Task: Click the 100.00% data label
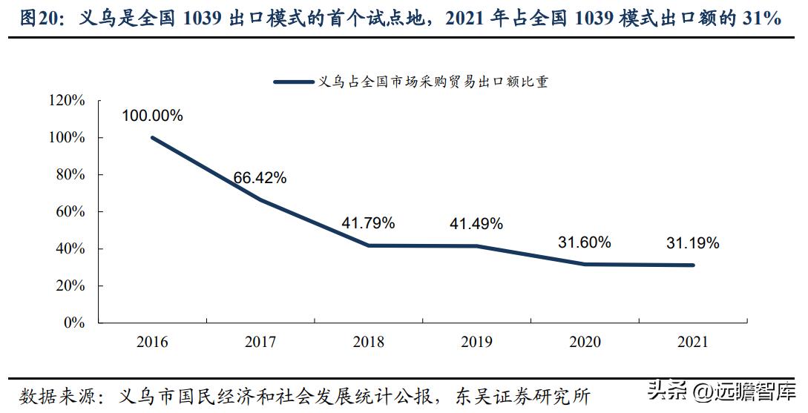tap(152, 116)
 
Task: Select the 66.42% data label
tap(260, 178)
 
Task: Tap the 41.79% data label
tap(368, 222)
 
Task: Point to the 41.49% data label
tap(476, 222)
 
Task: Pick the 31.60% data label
tap(584, 242)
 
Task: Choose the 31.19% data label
tap(692, 242)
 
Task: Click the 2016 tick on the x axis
tap(152, 342)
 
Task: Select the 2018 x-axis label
tap(368, 342)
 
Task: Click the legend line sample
tap(293, 82)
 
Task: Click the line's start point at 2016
tap(152, 137)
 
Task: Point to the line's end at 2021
tap(693, 265)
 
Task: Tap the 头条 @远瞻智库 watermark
tap(720, 391)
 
